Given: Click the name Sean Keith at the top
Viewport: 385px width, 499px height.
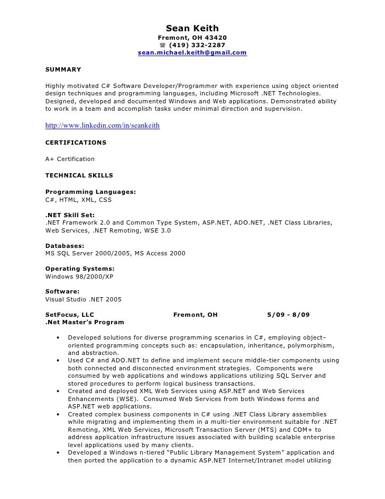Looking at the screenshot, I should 192,28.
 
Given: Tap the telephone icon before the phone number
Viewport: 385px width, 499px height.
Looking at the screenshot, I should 162,45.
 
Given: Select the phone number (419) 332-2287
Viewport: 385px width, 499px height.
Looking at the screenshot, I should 197,45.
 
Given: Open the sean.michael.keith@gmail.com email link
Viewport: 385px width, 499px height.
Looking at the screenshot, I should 192,53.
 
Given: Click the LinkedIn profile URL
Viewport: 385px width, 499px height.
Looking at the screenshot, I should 103,126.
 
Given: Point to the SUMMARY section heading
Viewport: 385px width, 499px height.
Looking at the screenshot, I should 63,69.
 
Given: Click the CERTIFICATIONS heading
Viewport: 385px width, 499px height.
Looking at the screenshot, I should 76,142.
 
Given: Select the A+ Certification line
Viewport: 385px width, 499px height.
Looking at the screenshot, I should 70,159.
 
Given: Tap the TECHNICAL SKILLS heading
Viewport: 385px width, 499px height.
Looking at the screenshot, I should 79,175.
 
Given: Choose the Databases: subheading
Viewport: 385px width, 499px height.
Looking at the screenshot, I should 65,246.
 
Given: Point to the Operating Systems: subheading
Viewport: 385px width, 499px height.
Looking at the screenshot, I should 80,269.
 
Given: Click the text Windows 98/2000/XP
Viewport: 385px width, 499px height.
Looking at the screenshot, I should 79,277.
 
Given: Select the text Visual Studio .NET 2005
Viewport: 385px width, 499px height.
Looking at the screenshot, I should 84,299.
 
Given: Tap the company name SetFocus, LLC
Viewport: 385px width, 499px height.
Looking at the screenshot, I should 70,315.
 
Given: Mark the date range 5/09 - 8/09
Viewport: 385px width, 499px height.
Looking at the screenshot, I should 289,315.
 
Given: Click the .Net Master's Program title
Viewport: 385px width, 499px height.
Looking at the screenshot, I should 85,322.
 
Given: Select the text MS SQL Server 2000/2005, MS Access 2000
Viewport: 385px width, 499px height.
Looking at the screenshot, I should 115,254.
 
